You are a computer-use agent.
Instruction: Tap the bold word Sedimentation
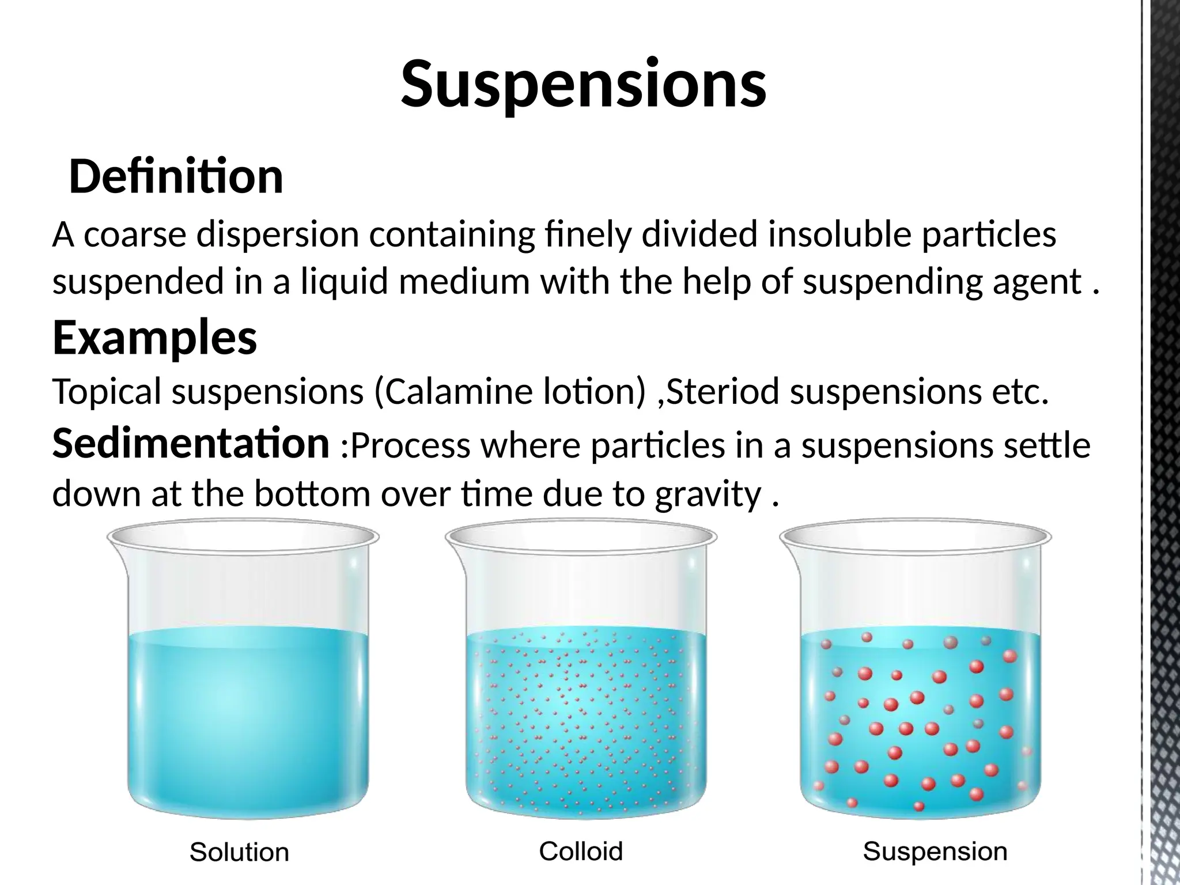click(190, 444)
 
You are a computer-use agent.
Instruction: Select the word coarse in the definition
click(135, 235)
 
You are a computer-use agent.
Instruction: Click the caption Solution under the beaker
click(239, 852)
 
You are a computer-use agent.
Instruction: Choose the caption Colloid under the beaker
click(581, 851)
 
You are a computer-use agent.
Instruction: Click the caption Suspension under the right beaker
click(935, 851)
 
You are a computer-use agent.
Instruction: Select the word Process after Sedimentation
click(410, 445)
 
